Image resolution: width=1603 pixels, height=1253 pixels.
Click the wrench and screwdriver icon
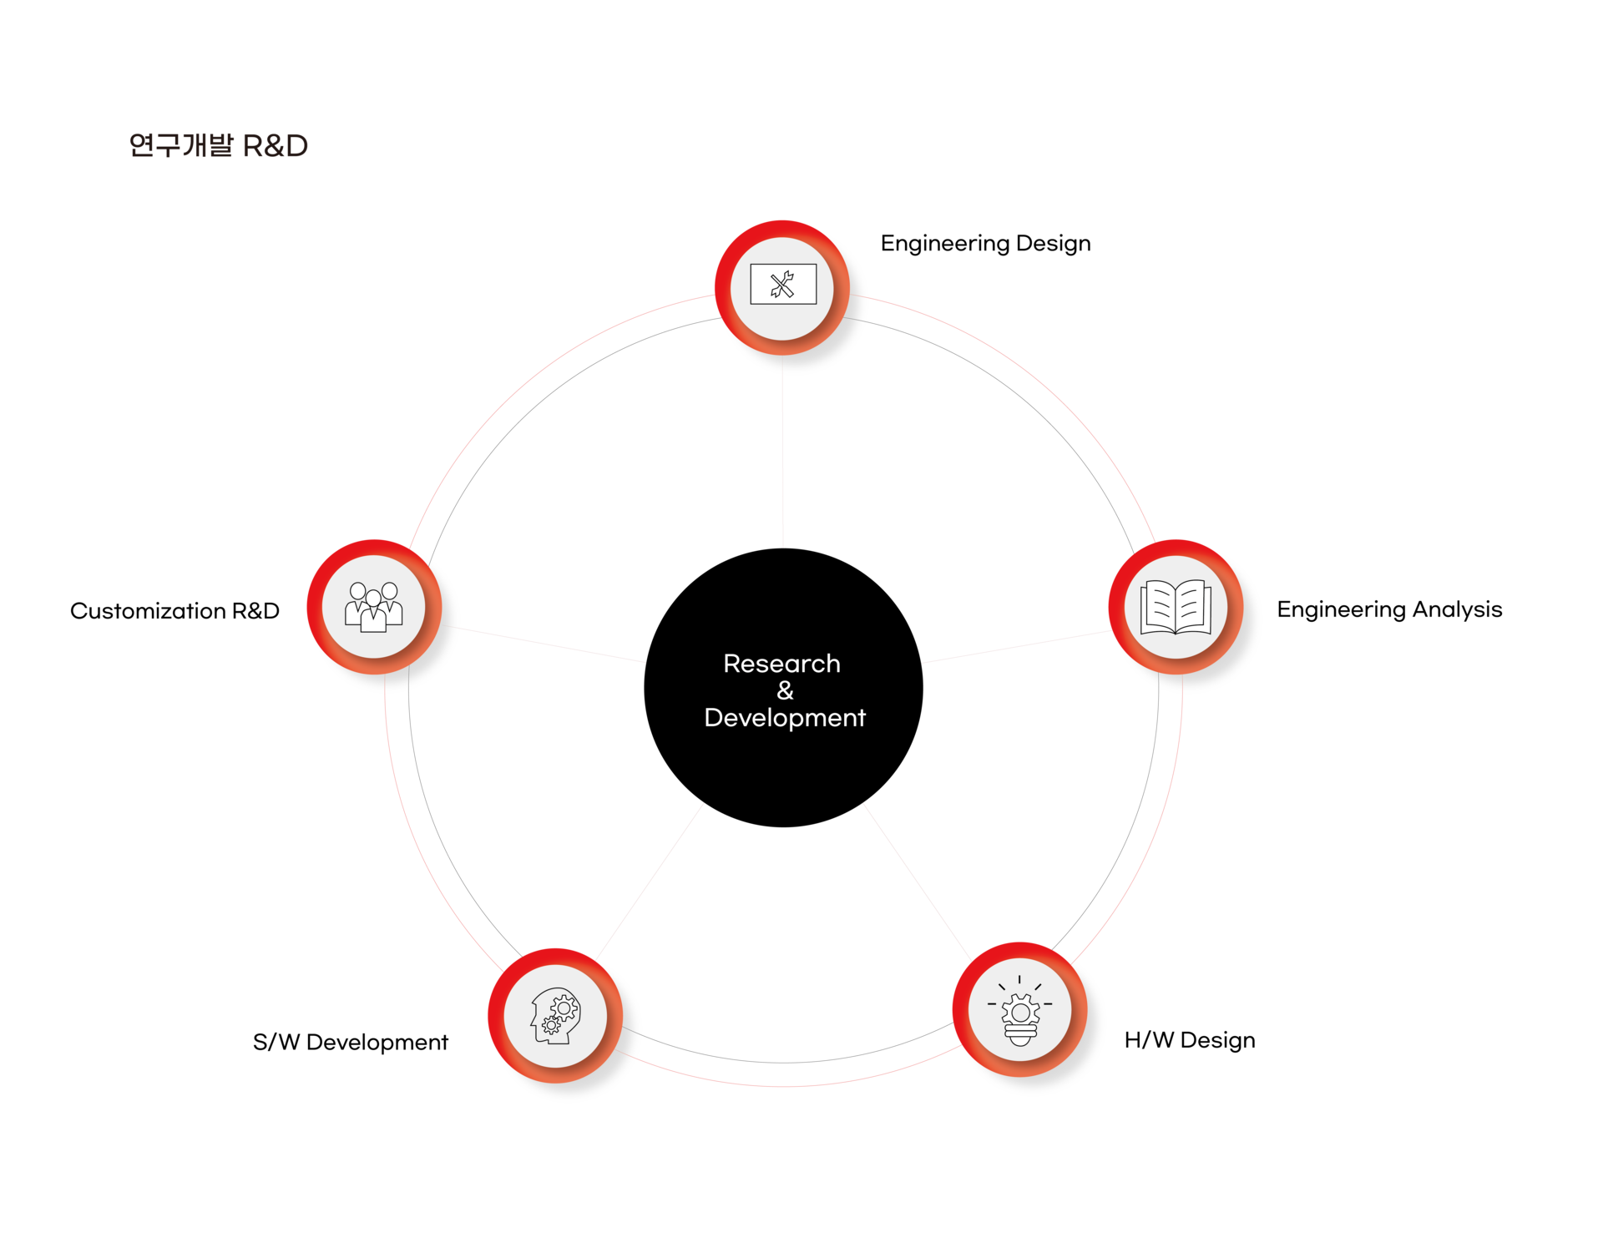pyautogui.click(x=782, y=285)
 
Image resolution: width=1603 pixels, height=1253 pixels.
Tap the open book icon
pyautogui.click(x=1176, y=607)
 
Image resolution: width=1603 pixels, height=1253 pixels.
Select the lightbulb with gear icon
pyautogui.click(x=1019, y=1011)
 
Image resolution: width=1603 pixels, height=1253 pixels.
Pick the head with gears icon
pyautogui.click(x=554, y=1015)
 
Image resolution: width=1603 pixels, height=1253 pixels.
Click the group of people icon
pyautogui.click(x=373, y=607)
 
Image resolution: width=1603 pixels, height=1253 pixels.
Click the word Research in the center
pyautogui.click(x=781, y=664)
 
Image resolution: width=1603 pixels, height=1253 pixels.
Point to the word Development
pyautogui.click(x=785, y=718)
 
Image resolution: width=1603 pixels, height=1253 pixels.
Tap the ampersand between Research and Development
pyautogui.click(x=785, y=690)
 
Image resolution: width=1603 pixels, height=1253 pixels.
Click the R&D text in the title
pyautogui.click(x=275, y=146)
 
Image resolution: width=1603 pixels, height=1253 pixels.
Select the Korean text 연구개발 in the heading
pyautogui.click(x=180, y=146)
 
